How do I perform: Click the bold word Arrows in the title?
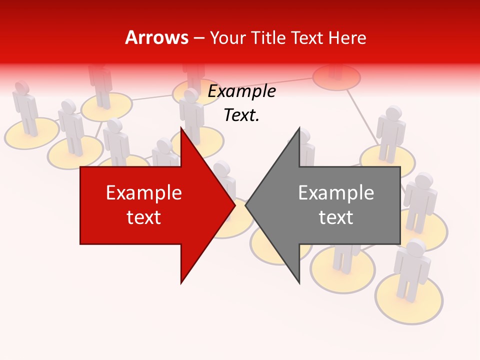pos(156,37)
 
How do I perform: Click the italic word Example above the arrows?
pos(241,91)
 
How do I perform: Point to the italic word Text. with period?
pos(241,115)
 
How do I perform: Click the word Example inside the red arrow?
pos(144,192)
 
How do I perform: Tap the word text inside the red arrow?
pos(144,217)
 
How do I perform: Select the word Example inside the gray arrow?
pos(336,192)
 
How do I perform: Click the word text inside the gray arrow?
pos(336,217)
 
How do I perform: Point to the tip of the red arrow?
pos(234,205)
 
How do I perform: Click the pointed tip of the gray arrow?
pos(246,205)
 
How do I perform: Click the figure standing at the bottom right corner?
pos(411,272)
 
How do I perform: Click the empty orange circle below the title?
pos(336,78)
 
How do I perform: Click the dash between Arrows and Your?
pos(198,38)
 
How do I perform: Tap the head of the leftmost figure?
pos(21,87)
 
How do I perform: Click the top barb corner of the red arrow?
pos(181,128)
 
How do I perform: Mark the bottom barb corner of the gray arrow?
pos(299,283)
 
